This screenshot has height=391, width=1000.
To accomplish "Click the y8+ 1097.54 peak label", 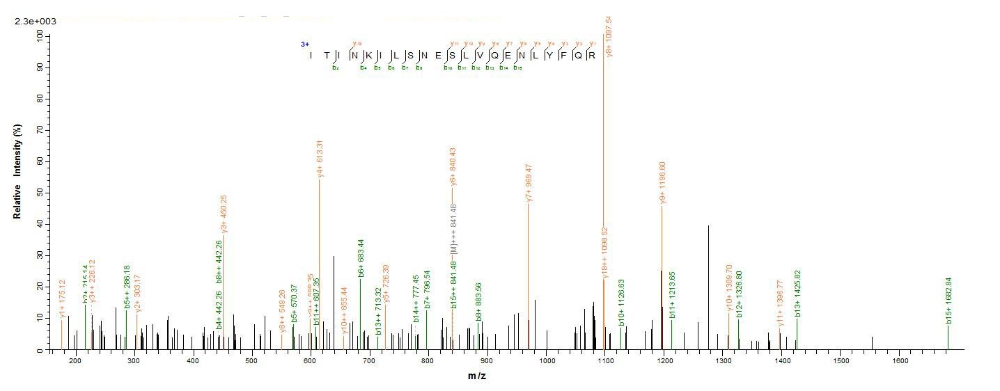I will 609,37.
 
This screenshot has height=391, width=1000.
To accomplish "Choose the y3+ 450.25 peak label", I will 224,214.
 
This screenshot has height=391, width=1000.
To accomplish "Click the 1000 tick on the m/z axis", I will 547,361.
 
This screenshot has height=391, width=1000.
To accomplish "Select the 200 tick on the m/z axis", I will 75,361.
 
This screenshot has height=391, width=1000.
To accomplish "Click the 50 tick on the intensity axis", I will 39,192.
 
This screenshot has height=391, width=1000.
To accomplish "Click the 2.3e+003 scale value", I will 35,22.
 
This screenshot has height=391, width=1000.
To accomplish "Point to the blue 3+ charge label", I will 305,44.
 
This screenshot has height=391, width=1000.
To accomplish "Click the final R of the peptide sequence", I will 592,56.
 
